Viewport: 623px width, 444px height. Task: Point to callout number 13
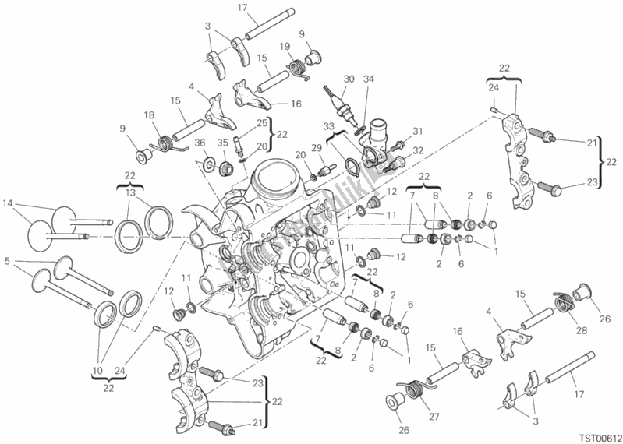(x=130, y=192)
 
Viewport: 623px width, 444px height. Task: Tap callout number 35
(x=221, y=142)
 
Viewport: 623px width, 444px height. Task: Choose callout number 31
(x=416, y=130)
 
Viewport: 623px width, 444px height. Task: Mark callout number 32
(x=416, y=150)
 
